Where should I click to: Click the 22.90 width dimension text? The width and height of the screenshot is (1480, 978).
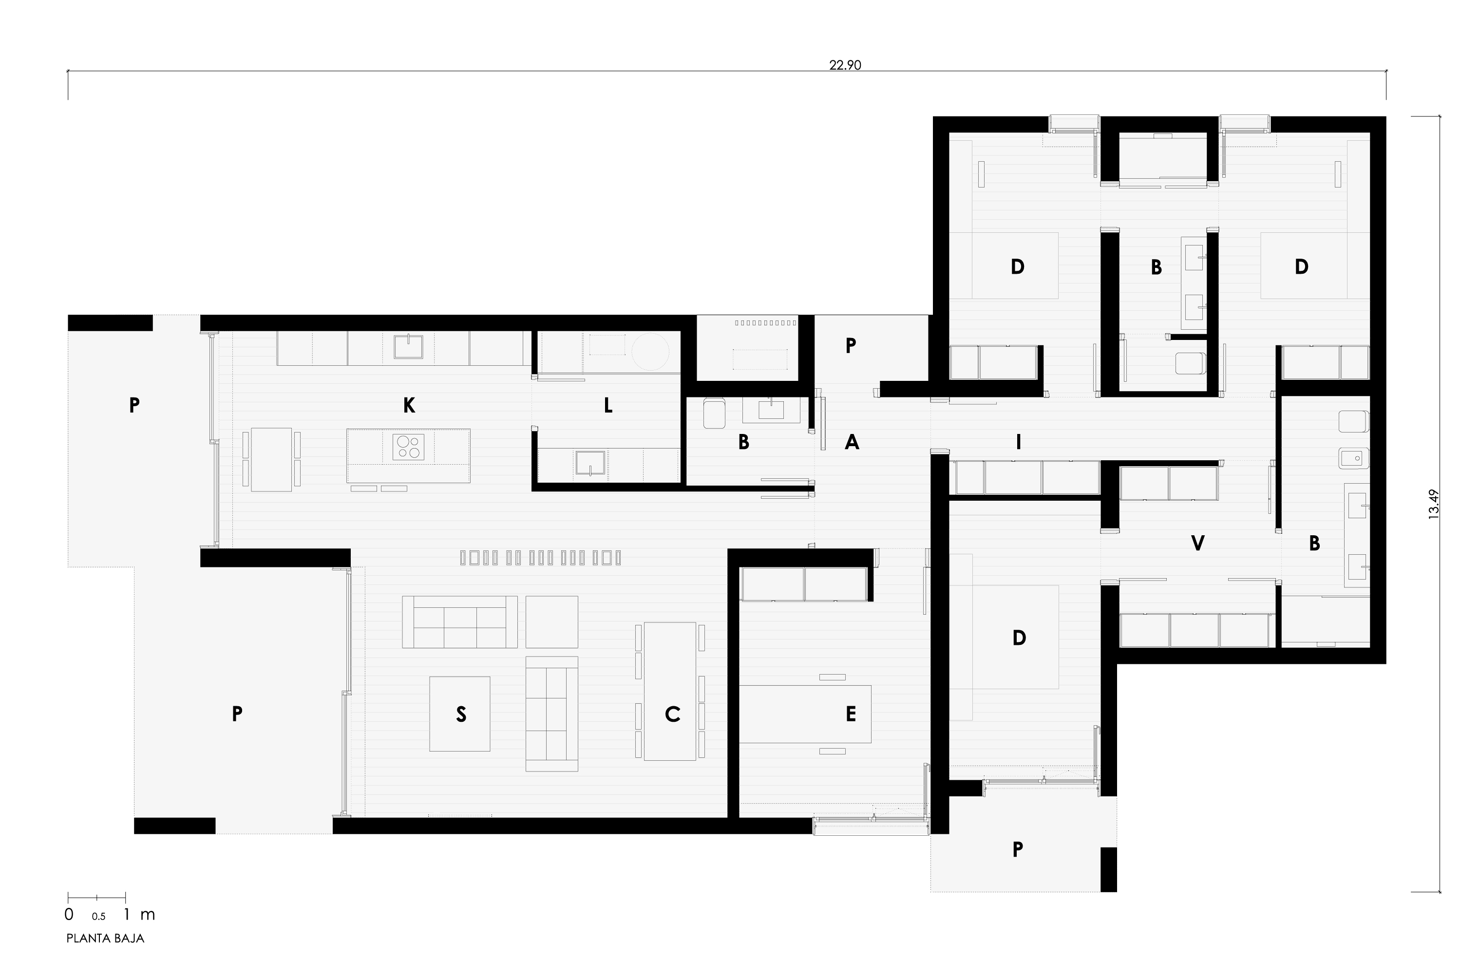845,65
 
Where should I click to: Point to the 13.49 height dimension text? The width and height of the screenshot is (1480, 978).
1434,504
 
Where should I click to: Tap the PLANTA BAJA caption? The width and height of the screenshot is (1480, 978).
105,939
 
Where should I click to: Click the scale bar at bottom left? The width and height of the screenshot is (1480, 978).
96,898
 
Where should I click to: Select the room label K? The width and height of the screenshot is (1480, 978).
409,405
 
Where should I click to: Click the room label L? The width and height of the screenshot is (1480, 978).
608,405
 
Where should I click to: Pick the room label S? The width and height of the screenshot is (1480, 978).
461,714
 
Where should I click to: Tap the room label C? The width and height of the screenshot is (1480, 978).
672,714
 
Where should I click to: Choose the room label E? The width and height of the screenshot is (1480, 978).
851,714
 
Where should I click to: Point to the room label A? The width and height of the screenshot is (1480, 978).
852,442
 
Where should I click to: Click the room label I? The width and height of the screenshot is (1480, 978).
1019,442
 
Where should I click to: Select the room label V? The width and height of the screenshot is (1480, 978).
1197,543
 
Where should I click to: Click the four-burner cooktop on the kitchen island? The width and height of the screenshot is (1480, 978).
409,447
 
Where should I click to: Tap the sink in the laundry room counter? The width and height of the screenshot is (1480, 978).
590,463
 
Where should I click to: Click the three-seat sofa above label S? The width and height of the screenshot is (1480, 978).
460,622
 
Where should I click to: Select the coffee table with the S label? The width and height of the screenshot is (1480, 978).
460,714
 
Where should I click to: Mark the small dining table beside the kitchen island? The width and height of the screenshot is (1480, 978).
271,459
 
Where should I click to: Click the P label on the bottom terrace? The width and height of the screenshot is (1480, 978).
1017,849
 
